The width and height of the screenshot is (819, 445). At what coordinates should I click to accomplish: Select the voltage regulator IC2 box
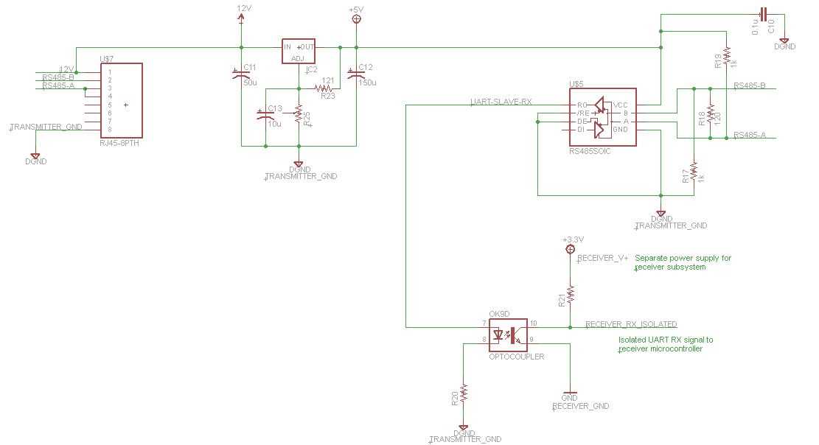(299, 51)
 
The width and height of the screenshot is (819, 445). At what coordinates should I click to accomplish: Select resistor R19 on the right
(726, 56)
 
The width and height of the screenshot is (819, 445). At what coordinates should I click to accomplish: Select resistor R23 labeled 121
(325, 88)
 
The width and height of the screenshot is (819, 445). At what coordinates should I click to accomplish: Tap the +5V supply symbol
(357, 18)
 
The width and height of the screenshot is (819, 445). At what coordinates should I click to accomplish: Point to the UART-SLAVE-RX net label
(501, 101)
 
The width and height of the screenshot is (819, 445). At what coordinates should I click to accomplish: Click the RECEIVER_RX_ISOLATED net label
(631, 324)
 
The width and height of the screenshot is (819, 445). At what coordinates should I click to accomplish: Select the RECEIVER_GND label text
(581, 406)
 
